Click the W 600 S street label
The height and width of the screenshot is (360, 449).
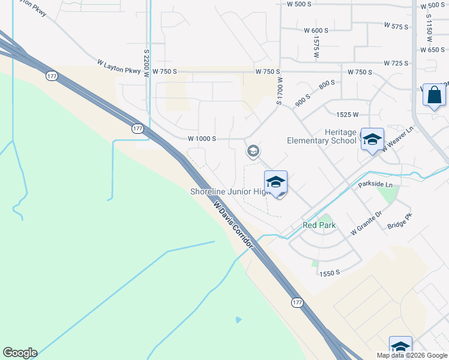(316, 31)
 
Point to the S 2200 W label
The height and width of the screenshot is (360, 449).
(146, 61)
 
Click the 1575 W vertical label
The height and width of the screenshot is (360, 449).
(316, 46)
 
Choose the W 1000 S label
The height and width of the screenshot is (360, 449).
(202, 138)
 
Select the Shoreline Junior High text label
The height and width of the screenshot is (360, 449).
(231, 191)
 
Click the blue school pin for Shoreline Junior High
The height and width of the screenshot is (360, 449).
(276, 182)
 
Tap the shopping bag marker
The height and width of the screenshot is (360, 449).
(434, 95)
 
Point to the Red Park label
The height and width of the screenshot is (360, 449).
(319, 225)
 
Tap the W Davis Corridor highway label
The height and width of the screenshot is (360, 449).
(234, 224)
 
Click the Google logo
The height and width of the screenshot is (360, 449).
(20, 353)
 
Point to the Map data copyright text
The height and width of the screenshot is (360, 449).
(412, 355)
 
